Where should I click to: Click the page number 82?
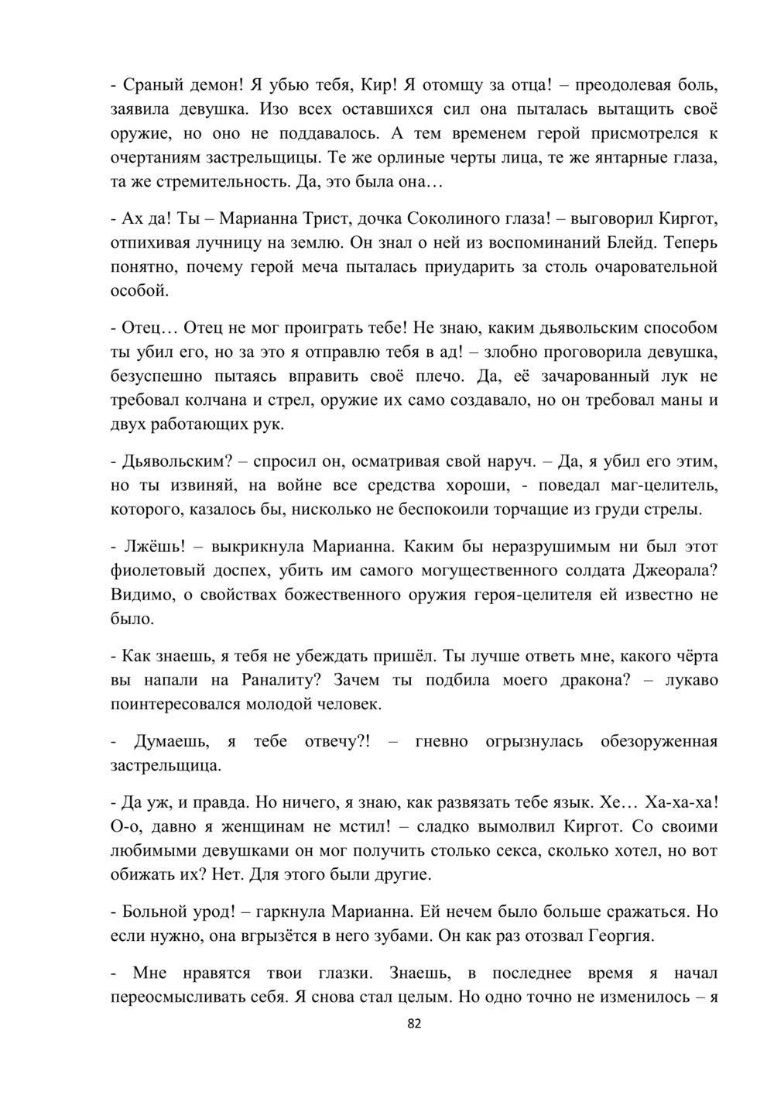click(414, 1024)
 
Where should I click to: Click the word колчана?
click(251, 401)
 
